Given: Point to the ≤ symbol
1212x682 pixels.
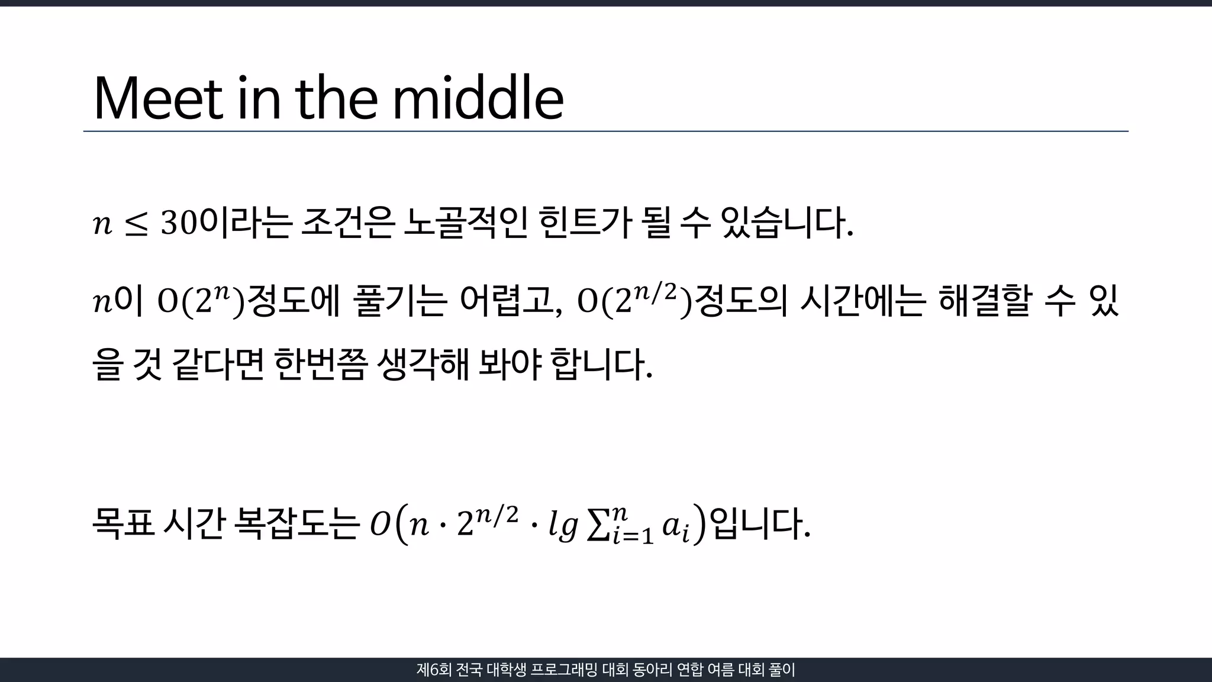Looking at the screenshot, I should tap(136, 225).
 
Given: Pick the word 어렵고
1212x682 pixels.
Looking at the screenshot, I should tap(510, 301).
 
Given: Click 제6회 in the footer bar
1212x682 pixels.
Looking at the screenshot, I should tap(434, 670).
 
